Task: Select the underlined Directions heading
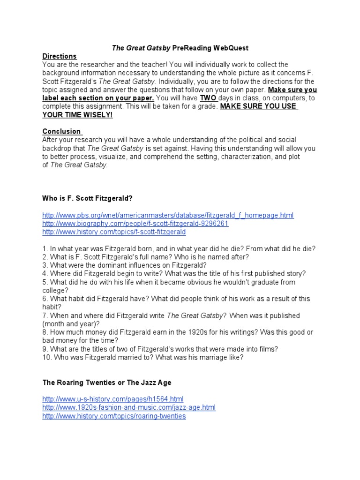(x=59, y=56)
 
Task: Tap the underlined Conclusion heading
(x=61, y=131)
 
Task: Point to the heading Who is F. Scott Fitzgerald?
(x=90, y=198)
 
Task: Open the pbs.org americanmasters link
(x=168, y=215)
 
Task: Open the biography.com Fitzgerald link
(x=135, y=224)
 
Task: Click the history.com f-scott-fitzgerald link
(x=114, y=232)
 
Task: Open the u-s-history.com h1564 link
(x=112, y=399)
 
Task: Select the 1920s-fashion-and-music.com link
(x=129, y=407)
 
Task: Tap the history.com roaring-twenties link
(x=114, y=416)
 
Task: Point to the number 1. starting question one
(x=45, y=248)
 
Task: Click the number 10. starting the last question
(x=47, y=357)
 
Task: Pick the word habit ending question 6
(x=52, y=307)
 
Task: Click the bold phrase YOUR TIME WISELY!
(x=77, y=115)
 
